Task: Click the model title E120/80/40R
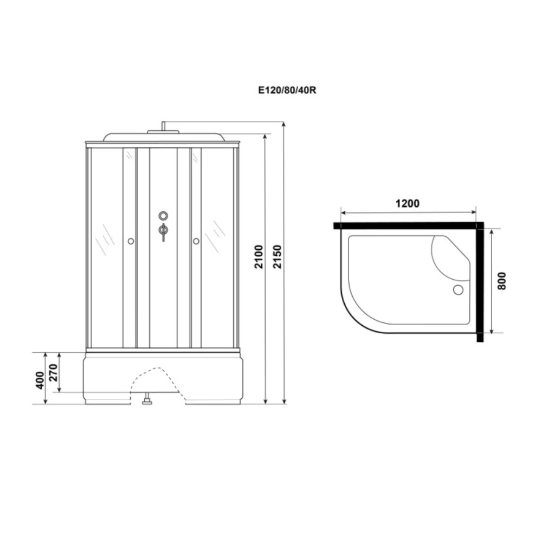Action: (287, 90)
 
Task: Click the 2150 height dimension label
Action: (278, 257)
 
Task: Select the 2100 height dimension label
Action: (259, 257)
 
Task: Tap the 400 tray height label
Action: (40, 380)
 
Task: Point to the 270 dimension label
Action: (54, 372)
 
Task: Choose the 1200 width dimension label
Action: (408, 203)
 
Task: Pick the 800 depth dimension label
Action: (502, 281)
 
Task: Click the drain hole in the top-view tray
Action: (458, 289)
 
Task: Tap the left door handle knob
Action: (131, 241)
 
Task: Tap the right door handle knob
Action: (196, 241)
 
